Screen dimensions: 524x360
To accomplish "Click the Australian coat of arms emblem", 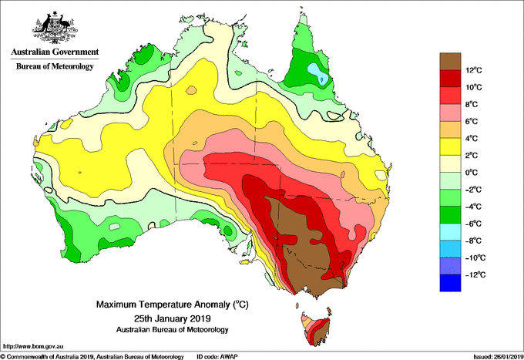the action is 55,28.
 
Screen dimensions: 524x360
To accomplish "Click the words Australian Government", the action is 55,52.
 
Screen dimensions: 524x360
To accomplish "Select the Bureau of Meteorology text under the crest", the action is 55,66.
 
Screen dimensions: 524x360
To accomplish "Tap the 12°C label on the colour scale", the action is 474,70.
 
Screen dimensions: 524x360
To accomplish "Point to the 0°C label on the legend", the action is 472,173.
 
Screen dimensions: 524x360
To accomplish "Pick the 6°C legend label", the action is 472,122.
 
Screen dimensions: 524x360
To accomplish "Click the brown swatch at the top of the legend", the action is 450,62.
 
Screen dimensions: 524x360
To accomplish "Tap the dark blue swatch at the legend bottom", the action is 450,283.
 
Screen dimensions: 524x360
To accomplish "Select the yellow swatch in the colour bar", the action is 450,147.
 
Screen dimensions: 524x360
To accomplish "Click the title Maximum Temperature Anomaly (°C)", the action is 173,304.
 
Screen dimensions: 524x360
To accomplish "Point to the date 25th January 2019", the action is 173,318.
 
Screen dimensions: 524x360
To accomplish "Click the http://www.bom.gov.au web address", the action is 33,346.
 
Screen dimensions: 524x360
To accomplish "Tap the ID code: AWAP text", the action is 217,357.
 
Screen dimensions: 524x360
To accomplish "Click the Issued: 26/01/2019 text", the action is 499,357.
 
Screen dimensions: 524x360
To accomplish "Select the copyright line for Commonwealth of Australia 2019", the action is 92,357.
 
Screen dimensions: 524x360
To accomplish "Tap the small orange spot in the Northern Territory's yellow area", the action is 191,90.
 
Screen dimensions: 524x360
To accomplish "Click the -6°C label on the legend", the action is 473,224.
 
